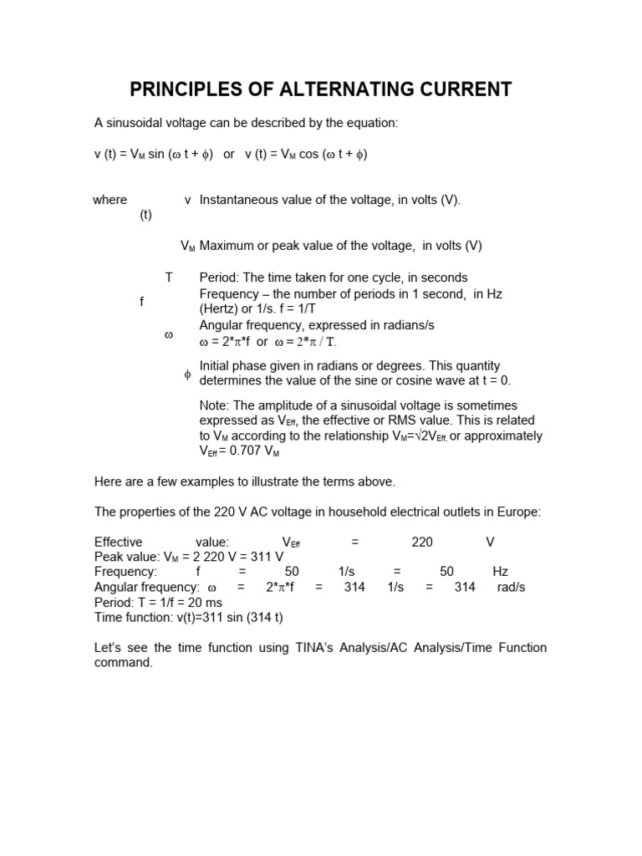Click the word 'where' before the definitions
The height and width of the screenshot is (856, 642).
(x=110, y=200)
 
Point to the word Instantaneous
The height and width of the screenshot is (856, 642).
(x=238, y=200)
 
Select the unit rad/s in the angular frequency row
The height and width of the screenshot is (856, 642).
(x=511, y=587)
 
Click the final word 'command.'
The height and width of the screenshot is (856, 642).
(x=124, y=662)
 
